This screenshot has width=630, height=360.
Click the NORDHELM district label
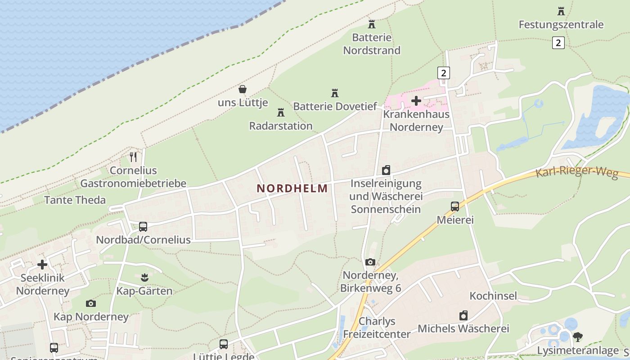coord(292,189)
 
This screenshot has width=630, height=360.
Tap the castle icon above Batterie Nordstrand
coord(372,24)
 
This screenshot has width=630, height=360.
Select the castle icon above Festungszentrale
coord(561,11)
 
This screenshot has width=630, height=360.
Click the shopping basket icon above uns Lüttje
coord(243,89)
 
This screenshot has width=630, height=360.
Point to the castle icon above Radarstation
coord(281,112)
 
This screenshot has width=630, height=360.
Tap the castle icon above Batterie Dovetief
coord(335,93)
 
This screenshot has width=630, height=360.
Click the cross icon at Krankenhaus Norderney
coord(416,101)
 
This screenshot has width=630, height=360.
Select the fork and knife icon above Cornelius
coord(133,157)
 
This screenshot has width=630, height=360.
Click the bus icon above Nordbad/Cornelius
coord(143,226)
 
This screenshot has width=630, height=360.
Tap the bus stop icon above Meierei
coord(455,207)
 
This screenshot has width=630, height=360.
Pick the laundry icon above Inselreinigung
coord(386,170)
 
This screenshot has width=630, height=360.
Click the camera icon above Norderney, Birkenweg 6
coord(370,262)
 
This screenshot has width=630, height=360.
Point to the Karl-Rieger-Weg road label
coord(576,172)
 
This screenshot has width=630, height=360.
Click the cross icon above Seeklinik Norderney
coord(42,265)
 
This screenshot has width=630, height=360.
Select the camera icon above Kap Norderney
coord(91,303)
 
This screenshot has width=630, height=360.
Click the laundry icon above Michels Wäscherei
coord(463,315)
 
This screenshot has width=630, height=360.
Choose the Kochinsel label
coord(493,296)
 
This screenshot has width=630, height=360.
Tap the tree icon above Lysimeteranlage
coord(578,337)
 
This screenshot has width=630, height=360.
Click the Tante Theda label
coord(75,200)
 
